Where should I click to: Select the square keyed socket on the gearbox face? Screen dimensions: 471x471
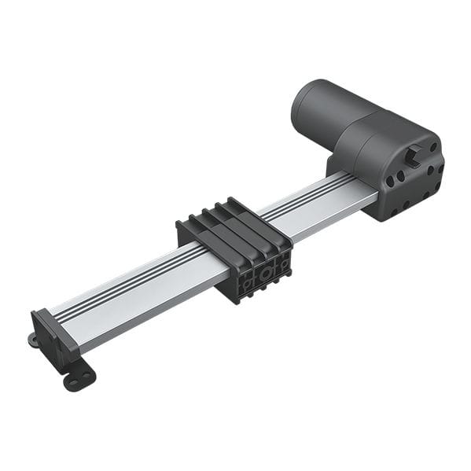click(x=414, y=155)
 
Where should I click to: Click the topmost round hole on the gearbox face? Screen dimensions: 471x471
click(x=432, y=147)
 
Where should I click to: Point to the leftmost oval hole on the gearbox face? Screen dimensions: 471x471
click(x=390, y=181)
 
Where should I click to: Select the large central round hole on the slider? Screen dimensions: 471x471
click(x=267, y=272)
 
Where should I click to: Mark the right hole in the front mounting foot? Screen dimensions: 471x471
click(x=87, y=373)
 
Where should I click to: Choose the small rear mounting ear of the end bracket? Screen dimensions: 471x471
click(x=33, y=340)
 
